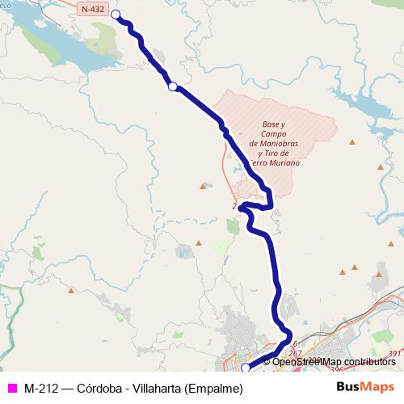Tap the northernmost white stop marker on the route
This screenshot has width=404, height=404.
[115, 15]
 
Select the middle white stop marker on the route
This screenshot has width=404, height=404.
[172, 86]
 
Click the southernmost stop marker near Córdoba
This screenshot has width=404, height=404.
[246, 368]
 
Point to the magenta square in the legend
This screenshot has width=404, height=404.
[12, 388]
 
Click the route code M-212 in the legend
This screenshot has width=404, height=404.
[41, 388]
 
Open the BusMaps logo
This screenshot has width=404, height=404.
[366, 387]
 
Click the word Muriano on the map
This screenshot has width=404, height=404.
[283, 162]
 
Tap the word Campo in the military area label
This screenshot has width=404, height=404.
[276, 133]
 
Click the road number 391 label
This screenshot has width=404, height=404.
[394, 354]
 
